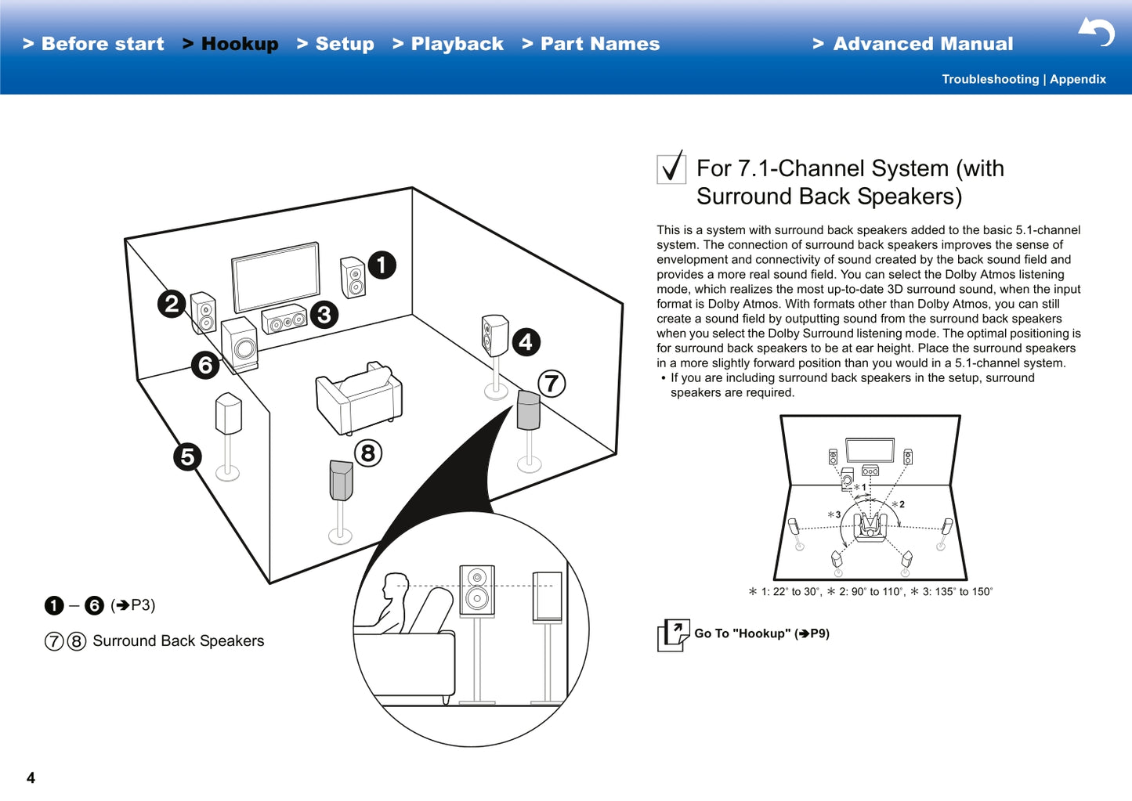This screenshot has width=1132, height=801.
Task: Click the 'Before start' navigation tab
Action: coord(94,44)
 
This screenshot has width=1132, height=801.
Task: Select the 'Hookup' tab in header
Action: coord(231,44)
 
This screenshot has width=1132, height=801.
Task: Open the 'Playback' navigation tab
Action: coord(448,44)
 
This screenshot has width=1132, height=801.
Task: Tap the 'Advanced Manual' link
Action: coord(913,44)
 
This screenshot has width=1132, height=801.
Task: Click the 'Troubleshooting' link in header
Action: coord(989,79)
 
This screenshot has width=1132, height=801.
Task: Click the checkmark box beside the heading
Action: coord(671,168)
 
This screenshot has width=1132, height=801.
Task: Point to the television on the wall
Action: coord(276,276)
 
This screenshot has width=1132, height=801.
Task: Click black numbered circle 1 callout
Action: coord(382,265)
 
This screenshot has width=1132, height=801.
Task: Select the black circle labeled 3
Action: coord(324,315)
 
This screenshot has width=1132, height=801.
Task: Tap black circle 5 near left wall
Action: coord(187,456)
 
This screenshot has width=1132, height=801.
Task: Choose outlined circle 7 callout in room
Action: coord(552,384)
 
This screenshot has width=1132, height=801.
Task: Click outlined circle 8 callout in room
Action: coord(368,453)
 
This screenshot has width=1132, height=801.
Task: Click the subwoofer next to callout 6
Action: coord(240,345)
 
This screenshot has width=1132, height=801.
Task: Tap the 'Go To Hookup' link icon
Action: coord(673,634)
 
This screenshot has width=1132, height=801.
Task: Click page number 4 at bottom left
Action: coord(31,778)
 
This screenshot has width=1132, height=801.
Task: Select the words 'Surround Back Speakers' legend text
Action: coord(178,641)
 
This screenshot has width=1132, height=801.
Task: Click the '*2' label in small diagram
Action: coord(899,504)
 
